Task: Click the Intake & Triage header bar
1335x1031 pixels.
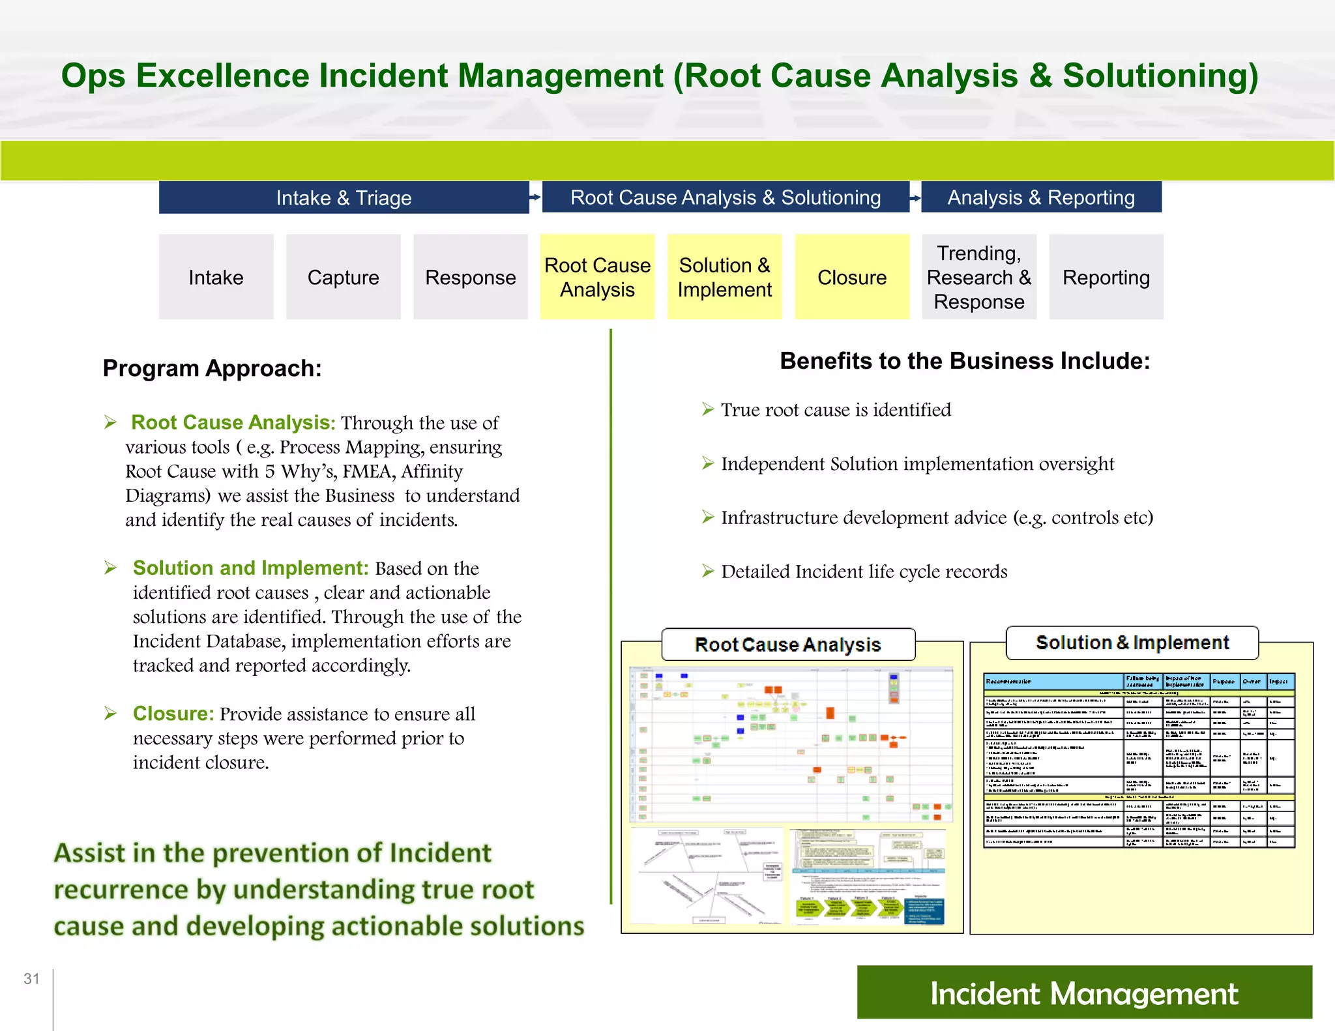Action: [344, 197]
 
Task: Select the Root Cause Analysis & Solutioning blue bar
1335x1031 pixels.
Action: [725, 197]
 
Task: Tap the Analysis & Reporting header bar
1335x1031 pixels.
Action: [1041, 197]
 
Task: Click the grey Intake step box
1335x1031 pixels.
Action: [216, 277]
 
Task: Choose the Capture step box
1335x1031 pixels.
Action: [343, 277]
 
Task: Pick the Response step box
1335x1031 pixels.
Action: [470, 277]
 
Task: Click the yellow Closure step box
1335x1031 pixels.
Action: [851, 277]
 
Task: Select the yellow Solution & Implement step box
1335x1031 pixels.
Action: [724, 277]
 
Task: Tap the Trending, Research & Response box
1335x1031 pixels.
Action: [978, 277]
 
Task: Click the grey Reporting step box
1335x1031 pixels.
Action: [1106, 277]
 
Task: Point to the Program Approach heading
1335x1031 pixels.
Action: [212, 368]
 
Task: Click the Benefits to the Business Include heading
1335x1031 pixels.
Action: [965, 361]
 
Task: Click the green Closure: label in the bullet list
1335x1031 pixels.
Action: [173, 714]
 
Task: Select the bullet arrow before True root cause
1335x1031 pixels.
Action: [708, 409]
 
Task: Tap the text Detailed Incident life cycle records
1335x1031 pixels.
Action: [864, 572]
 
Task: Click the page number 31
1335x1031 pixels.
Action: [31, 979]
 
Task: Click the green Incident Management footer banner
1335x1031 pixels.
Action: [1083, 993]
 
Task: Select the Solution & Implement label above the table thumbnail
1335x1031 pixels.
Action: [1132, 643]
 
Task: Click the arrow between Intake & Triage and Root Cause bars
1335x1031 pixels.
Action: [535, 197]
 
